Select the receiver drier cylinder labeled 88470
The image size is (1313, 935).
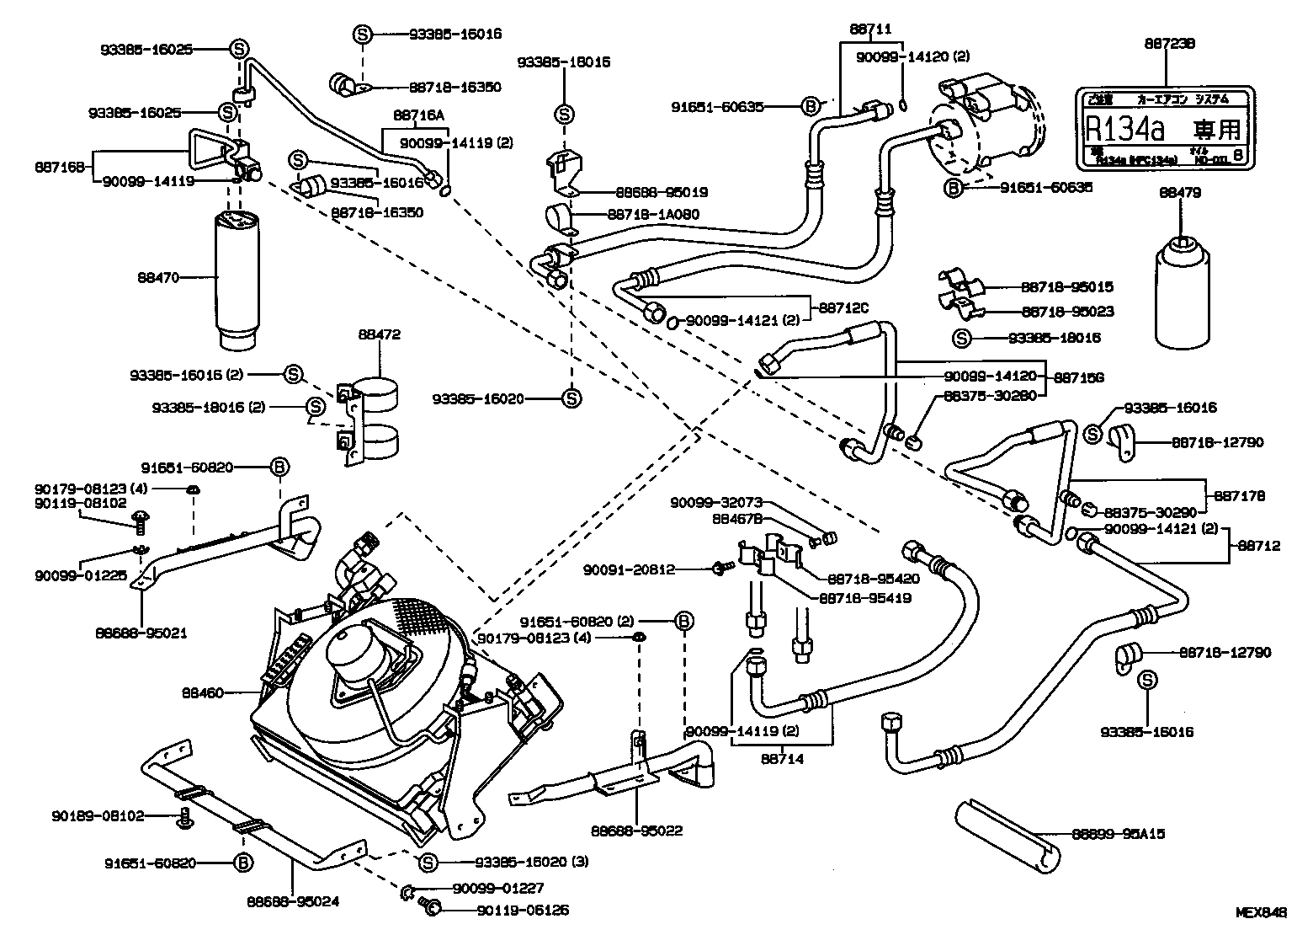click(x=243, y=278)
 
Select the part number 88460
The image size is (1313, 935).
click(x=203, y=693)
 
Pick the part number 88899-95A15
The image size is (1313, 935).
click(x=1119, y=834)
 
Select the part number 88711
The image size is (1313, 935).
click(x=871, y=28)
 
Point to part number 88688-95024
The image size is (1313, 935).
click(x=293, y=901)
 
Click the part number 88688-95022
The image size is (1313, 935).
click(x=636, y=831)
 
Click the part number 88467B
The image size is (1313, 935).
click(x=736, y=519)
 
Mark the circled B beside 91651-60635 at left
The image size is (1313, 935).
click(x=810, y=106)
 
